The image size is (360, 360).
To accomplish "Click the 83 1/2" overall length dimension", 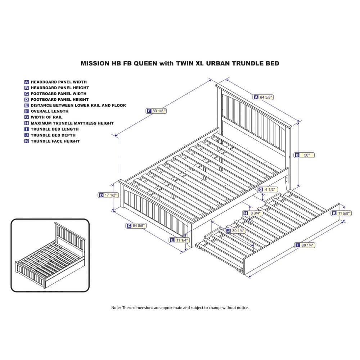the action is pyautogui.click(x=156, y=111).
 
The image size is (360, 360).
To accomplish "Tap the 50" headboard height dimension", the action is pyautogui.click(x=305, y=155).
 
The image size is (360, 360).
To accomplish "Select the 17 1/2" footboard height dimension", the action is pyautogui.click(x=108, y=195).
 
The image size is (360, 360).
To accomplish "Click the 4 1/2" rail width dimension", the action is pyautogui.click(x=268, y=189).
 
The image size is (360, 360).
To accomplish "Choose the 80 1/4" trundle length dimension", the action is pyautogui.click(x=305, y=245).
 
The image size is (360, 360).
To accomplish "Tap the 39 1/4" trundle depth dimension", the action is pyautogui.click(x=235, y=230).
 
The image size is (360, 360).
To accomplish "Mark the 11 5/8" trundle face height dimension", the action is pyautogui.click(x=341, y=213).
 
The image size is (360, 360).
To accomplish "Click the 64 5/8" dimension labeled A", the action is pyautogui.click(x=264, y=97).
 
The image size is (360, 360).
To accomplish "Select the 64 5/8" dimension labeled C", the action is pyautogui.click(x=136, y=226).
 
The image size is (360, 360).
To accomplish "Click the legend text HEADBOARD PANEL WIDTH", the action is pyautogui.click(x=59, y=82).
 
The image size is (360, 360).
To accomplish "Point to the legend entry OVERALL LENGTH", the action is pyautogui.click(x=50, y=111).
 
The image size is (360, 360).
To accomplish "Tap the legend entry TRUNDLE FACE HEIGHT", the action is pyautogui.click(x=55, y=141).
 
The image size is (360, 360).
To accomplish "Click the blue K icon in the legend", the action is pyautogui.click(x=27, y=141).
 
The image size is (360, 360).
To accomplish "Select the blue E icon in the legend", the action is pyautogui.click(x=27, y=105).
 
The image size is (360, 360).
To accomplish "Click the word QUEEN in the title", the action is pyautogui.click(x=145, y=63).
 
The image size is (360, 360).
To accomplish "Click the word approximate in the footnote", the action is pyautogui.click(x=171, y=308).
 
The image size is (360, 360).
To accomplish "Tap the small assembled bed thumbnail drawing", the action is pyautogui.click(x=50, y=255).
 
